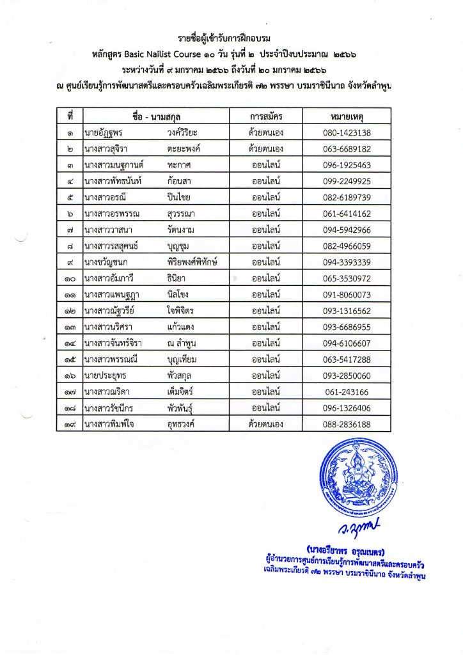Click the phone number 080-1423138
pos(347,133)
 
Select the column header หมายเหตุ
pos(347,116)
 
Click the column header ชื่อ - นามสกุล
pos(155,116)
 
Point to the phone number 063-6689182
pos(347,149)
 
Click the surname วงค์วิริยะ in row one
pos(185,133)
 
